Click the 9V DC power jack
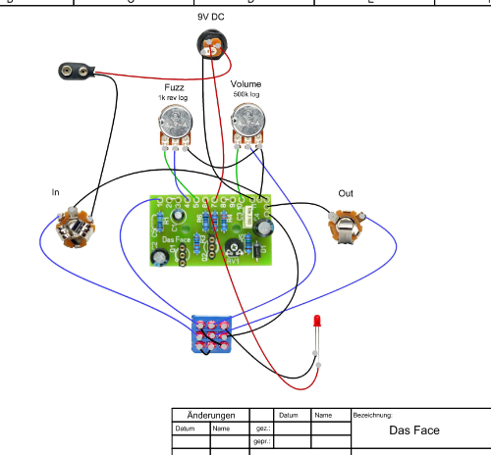tap(214, 44)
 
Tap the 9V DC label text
tap(211, 17)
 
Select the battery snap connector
tap(78, 71)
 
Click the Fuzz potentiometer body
tap(174, 124)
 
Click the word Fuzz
tap(174, 87)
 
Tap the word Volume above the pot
tap(246, 84)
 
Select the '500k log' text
tap(246, 95)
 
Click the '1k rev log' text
tap(174, 98)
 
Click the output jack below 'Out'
tap(346, 228)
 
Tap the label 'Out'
tap(346, 193)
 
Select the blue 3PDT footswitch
tap(211, 334)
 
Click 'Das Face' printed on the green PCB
tap(176, 239)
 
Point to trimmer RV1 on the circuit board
tap(234, 248)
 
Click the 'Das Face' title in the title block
tap(413, 430)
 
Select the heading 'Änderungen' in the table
tap(210, 415)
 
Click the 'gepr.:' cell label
tap(261, 442)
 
